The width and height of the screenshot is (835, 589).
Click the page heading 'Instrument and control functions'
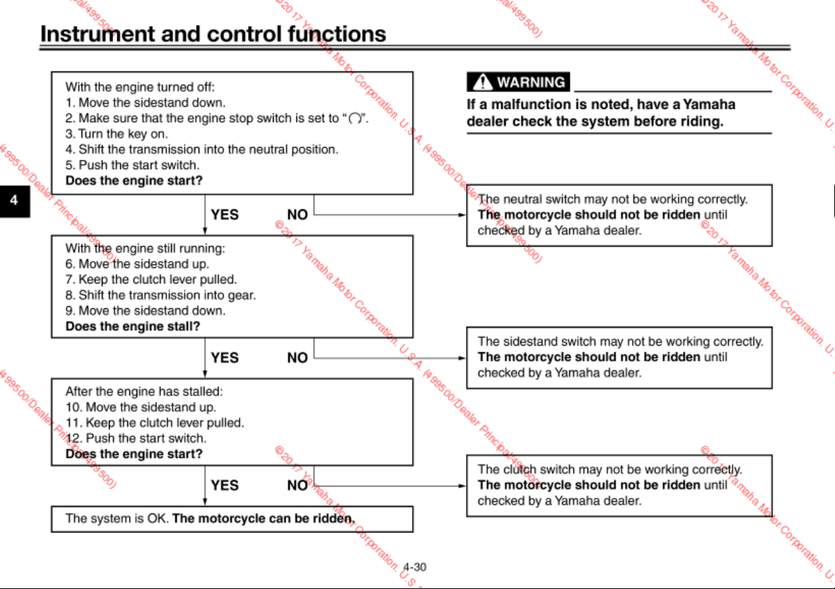point(213,34)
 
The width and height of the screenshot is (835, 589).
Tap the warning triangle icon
point(482,82)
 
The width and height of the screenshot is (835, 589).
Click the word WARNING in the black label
point(531,82)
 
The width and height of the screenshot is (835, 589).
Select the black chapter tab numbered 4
point(14,201)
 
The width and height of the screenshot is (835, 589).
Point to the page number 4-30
point(415,567)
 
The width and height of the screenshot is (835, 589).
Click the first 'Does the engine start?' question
point(134,180)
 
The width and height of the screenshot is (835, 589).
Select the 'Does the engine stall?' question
point(133,326)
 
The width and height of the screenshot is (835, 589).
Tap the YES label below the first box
point(225,215)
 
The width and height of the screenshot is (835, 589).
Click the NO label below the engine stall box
point(298,357)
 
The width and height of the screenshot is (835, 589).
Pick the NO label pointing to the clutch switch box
point(298,485)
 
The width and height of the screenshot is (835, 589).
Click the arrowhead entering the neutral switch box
point(462,215)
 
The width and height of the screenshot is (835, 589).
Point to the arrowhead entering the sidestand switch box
point(462,358)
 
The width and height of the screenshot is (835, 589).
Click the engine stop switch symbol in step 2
point(355,119)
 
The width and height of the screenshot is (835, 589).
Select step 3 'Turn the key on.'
point(117,134)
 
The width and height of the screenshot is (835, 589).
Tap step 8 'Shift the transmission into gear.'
point(160,295)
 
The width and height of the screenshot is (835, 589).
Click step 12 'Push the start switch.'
point(136,438)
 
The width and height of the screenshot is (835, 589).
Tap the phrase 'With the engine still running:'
point(146,248)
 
